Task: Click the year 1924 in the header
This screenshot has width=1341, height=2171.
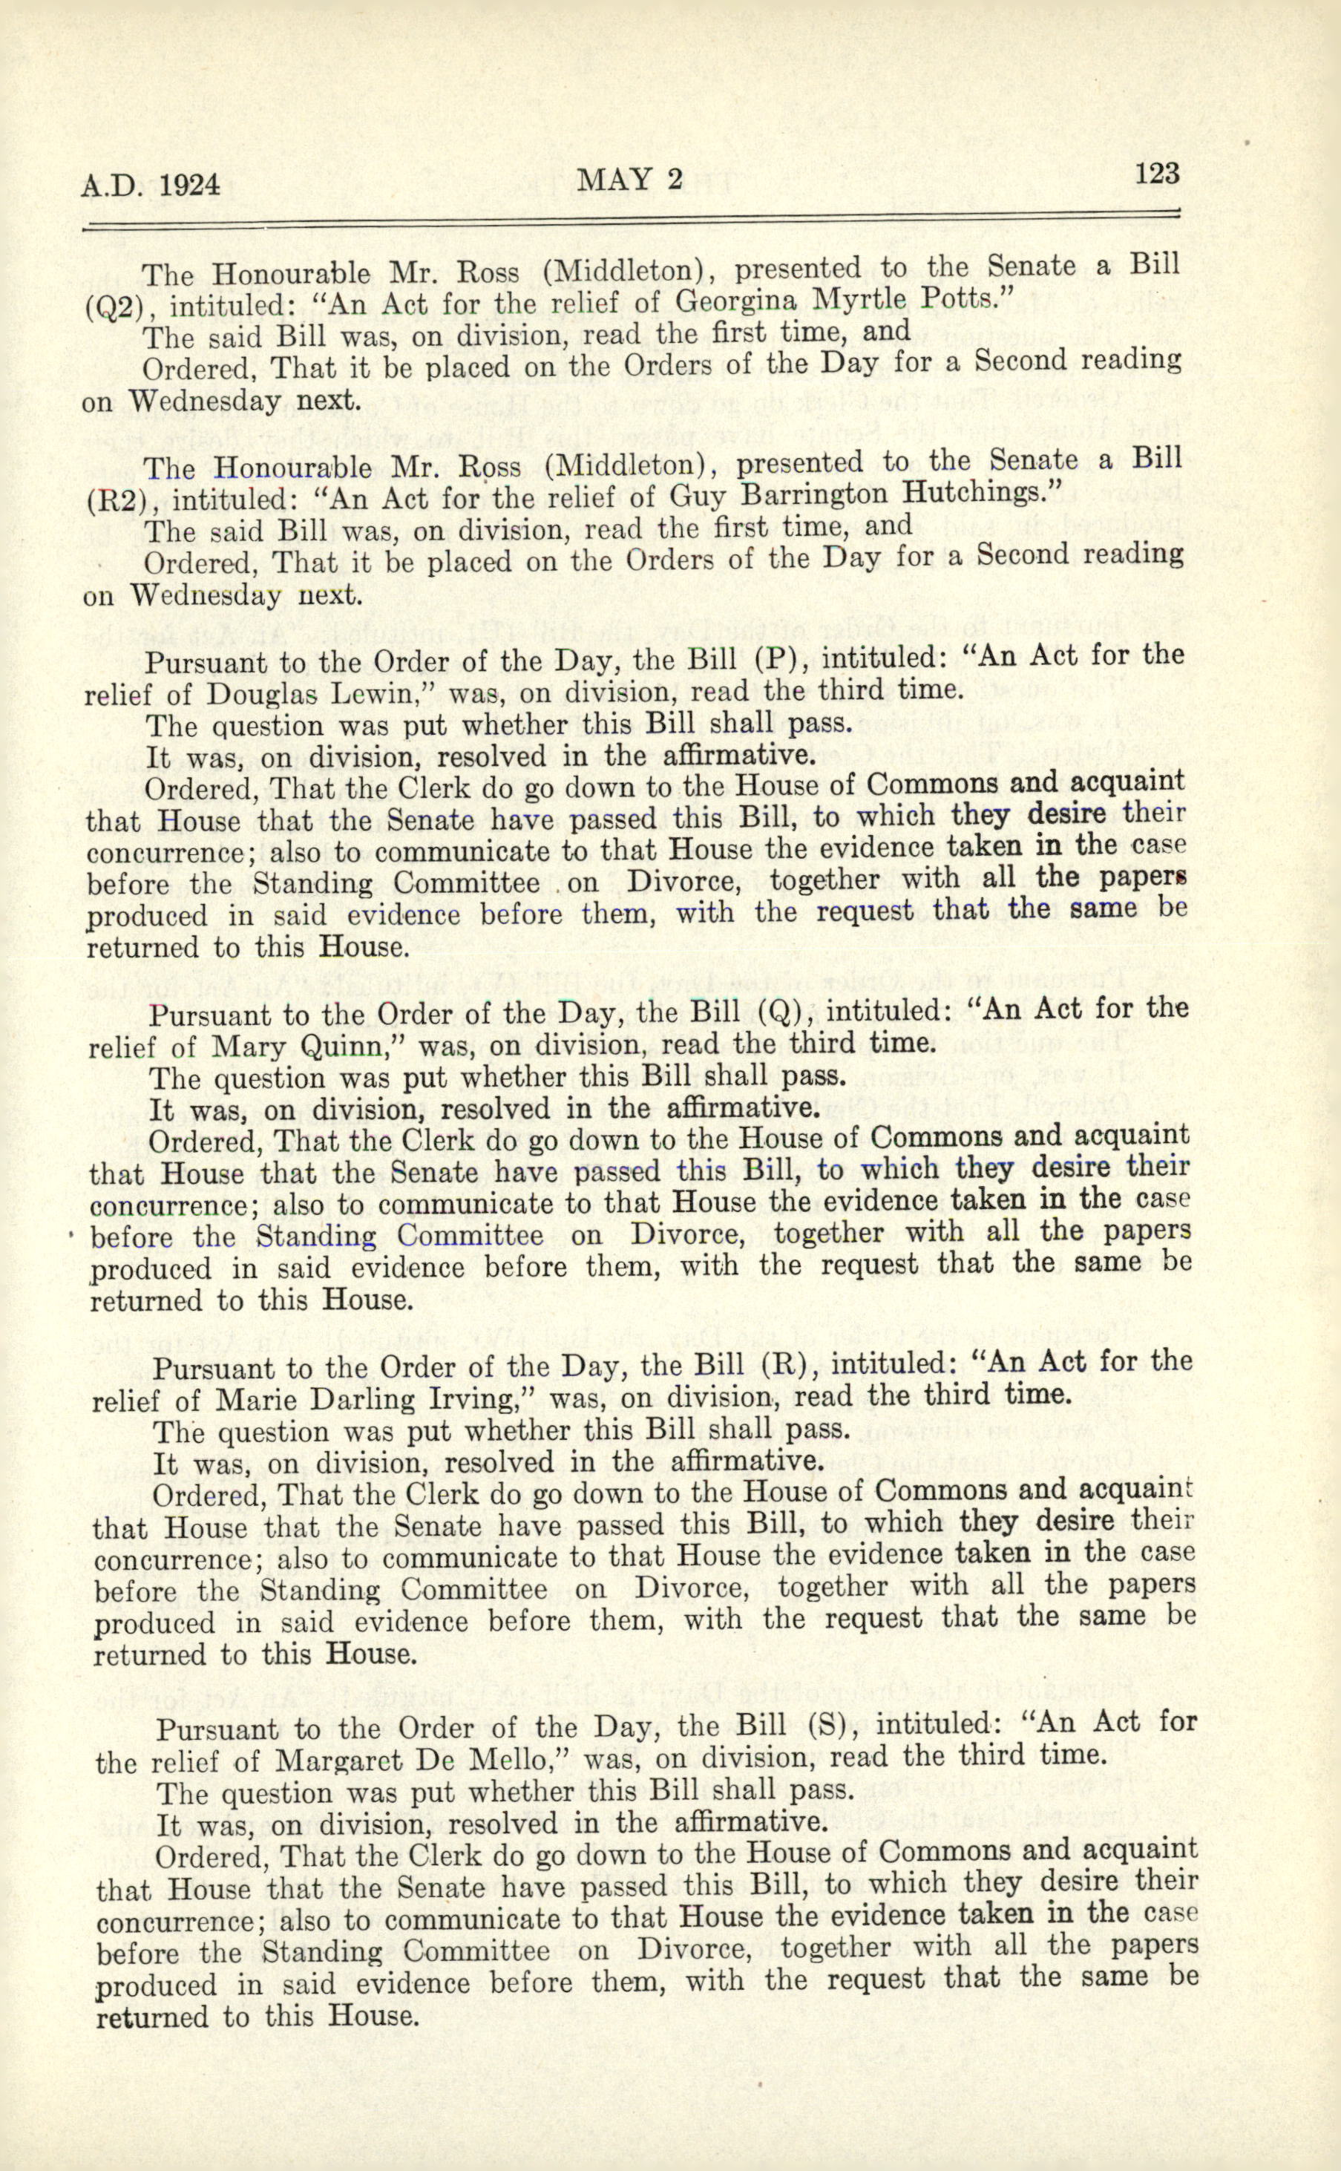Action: pyautogui.click(x=190, y=186)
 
